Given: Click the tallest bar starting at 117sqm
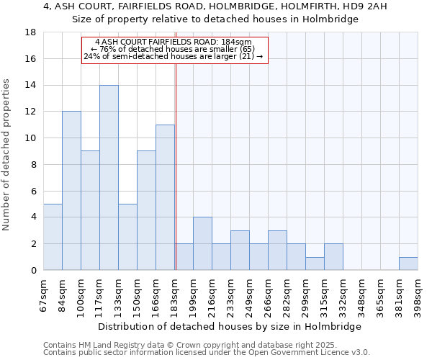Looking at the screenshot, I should coord(109,178).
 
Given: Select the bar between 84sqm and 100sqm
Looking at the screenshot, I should coord(71,191).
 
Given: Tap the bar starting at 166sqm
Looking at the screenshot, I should coord(165,197).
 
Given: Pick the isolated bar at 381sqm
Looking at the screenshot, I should coord(408,264).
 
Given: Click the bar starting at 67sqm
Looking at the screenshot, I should coord(53,237).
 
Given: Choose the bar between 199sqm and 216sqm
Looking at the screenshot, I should coord(202,243).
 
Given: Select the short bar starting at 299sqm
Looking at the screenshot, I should coord(315,264).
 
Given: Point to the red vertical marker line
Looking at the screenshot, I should coord(176,166).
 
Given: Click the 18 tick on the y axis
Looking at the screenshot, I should coord(31,32).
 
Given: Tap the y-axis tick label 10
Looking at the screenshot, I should coord(31,138).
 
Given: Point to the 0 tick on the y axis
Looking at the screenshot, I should coord(34,270).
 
